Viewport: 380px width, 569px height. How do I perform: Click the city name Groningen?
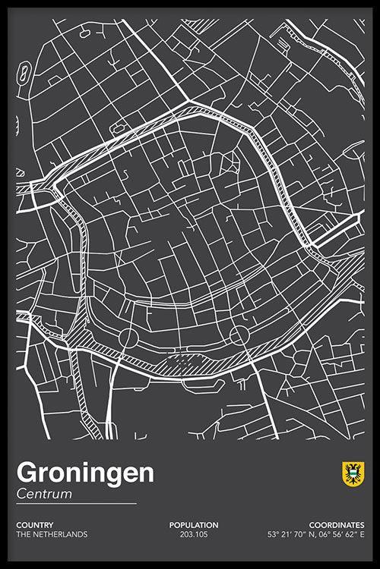[x=85, y=473]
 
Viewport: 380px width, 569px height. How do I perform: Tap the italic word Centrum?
[x=44, y=494]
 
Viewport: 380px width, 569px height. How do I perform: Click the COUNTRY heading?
[x=33, y=525]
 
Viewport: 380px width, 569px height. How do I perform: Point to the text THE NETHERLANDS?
[x=52, y=534]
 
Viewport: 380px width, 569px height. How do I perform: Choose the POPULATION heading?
[x=194, y=525]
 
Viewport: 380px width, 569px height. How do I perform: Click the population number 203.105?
[x=194, y=534]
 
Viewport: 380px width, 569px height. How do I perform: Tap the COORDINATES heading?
[x=336, y=525]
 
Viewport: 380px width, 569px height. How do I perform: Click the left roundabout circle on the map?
[x=127, y=336]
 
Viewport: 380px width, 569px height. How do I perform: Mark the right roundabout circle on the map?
[x=239, y=335]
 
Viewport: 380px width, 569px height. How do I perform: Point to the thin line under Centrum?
[x=76, y=503]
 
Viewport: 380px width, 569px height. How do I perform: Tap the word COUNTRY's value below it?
[x=52, y=534]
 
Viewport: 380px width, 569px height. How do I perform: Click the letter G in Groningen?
[x=26, y=473]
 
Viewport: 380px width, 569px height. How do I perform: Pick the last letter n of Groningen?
[x=146, y=473]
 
